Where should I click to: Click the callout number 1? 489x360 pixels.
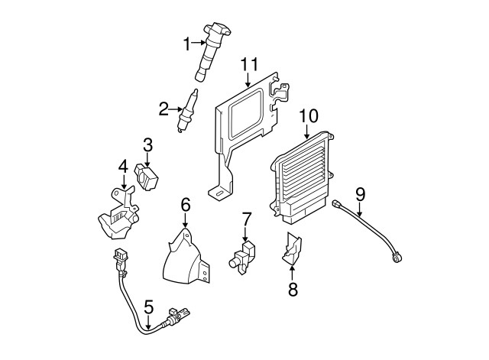coord(186,44)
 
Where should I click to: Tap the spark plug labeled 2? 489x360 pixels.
coord(187,110)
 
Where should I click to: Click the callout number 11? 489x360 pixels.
coord(250,64)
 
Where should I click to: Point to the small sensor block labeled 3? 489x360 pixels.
coord(146,177)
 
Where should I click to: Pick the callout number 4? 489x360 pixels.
coord(123,167)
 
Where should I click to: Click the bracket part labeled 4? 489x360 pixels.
coord(118,213)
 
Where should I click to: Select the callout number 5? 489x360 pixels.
coord(149,307)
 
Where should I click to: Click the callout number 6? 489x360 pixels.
coord(186,205)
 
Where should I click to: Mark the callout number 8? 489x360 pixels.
coord(293,289)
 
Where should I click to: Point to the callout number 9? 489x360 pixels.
coord(360,195)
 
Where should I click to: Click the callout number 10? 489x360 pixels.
coord(309,115)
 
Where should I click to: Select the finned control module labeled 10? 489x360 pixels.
coord(301,178)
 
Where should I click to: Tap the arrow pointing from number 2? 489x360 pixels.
coord(175,109)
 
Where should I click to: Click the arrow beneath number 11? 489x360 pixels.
coord(248,79)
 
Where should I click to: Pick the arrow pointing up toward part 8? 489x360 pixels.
coord(292,272)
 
